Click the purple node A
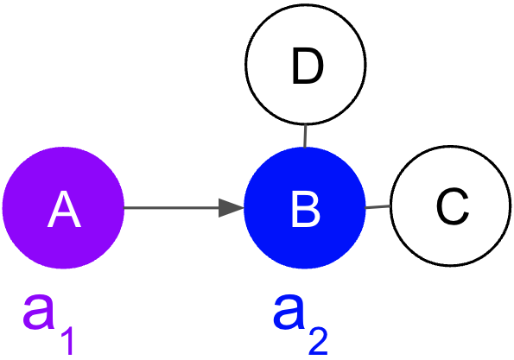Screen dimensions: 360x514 click(x=63, y=208)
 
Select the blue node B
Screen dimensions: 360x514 click(x=305, y=208)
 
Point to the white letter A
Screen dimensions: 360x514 click(x=63, y=209)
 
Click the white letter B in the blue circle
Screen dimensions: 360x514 click(x=305, y=209)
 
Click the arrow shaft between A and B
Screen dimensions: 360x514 click(x=173, y=208)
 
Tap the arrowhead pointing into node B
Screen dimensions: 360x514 click(x=232, y=208)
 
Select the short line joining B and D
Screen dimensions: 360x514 click(x=306, y=136)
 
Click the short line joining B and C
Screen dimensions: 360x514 click(x=378, y=207)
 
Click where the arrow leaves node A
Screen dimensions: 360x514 click(x=125, y=208)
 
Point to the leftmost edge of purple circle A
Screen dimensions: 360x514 click(x=3, y=208)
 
